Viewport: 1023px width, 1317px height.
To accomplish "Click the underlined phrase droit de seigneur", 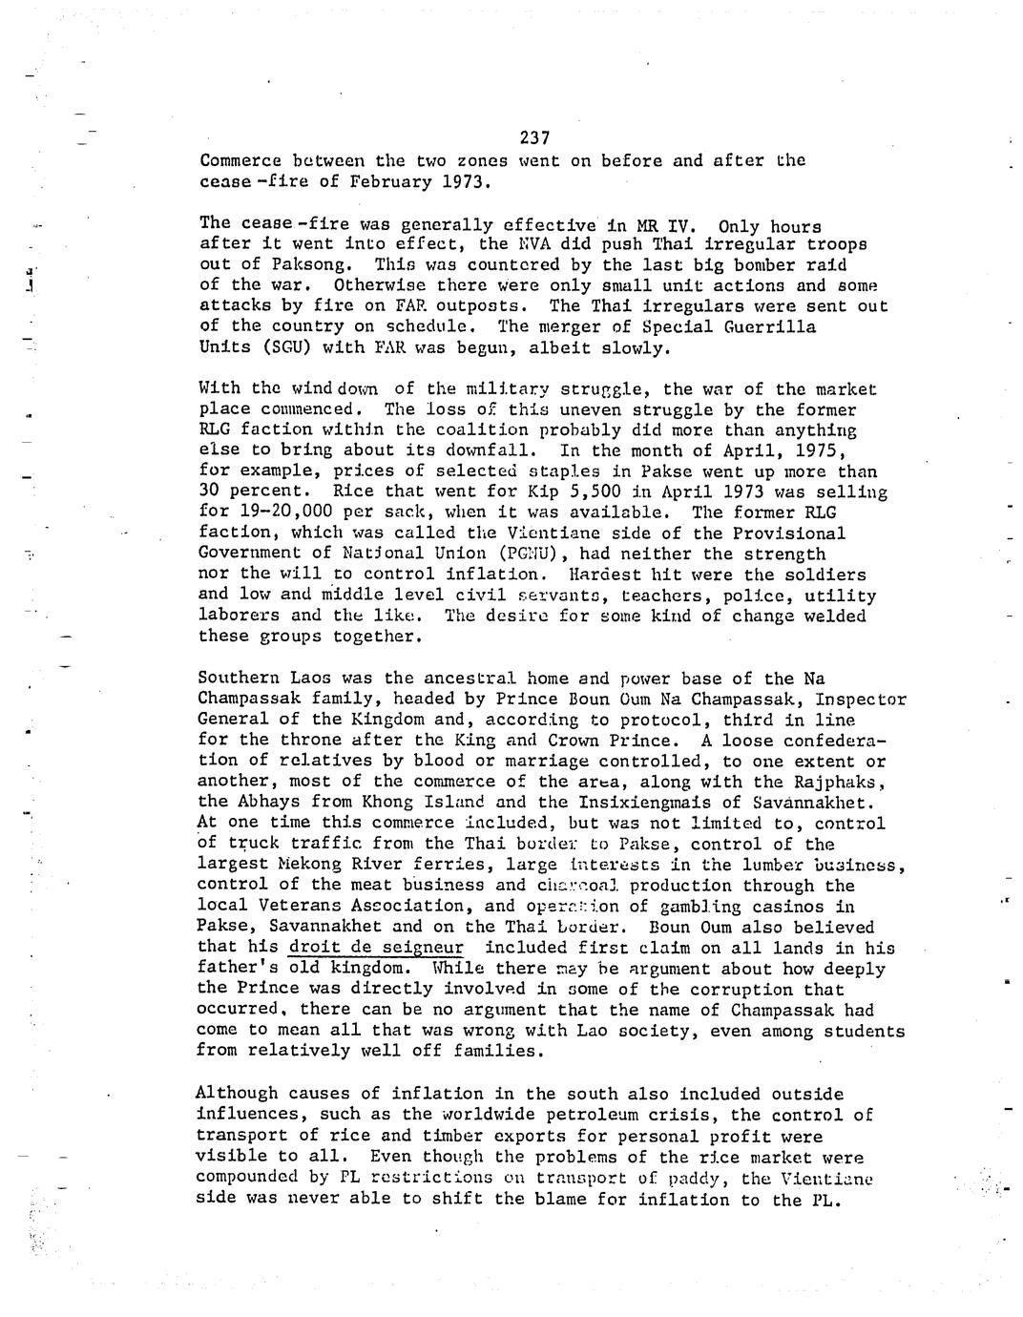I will (375, 948).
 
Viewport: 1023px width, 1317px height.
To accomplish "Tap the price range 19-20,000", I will (284, 512).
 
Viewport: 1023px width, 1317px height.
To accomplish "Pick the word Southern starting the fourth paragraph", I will (239, 679).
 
